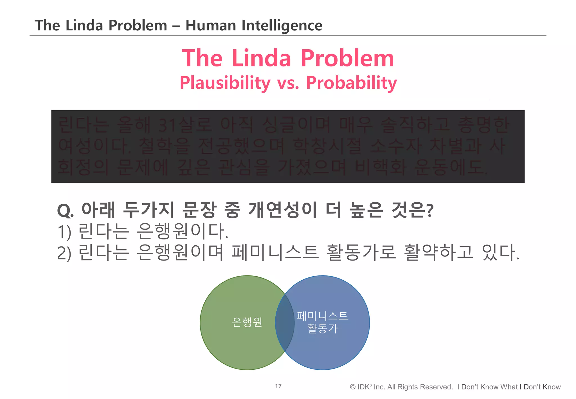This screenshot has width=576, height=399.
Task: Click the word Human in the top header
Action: pos(211,26)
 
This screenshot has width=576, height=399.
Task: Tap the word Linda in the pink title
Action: pos(261,58)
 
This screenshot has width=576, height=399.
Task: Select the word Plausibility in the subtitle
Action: pos(225,83)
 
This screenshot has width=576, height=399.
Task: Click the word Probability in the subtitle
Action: pos(351,83)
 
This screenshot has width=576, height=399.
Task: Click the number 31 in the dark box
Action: pos(167,125)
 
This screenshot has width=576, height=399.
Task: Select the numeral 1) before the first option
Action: pos(64,232)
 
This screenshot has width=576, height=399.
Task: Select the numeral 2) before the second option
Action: pos(64,253)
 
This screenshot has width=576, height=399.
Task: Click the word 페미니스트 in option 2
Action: pos(275,252)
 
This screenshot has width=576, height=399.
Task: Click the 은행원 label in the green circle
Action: pos(247,322)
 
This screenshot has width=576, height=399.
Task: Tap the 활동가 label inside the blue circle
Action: pos(322,328)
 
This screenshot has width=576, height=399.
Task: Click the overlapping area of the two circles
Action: pos(285,322)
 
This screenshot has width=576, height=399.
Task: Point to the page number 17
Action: pos(278,386)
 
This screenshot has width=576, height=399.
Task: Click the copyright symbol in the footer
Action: pos(353,387)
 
